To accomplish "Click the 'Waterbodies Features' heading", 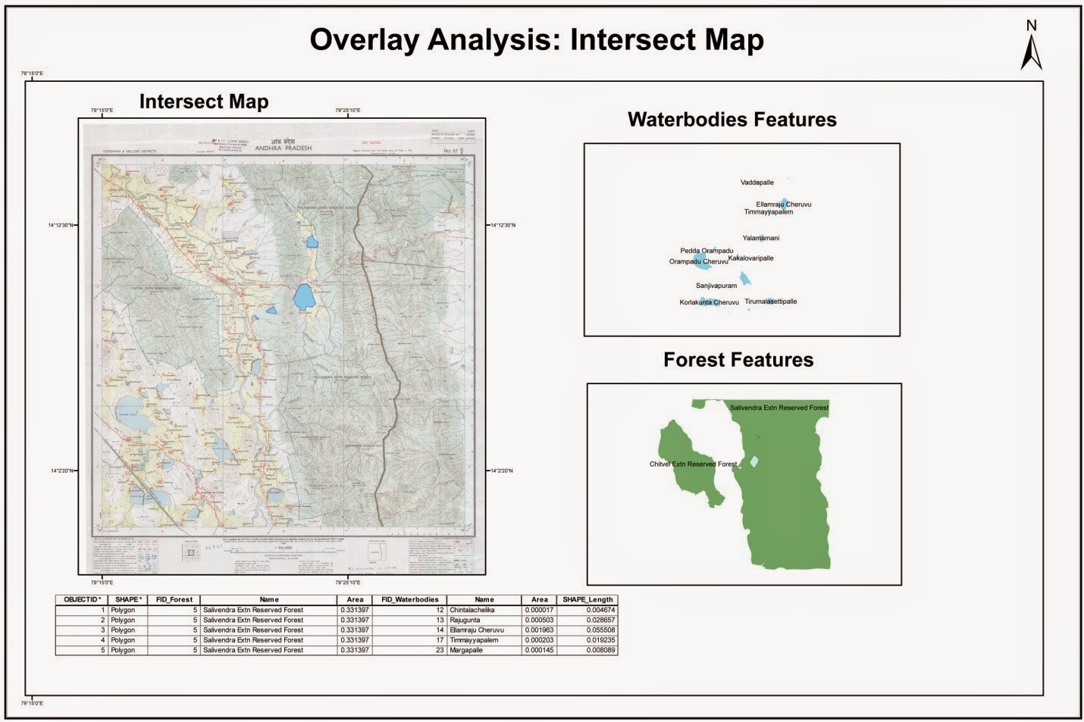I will click(732, 120).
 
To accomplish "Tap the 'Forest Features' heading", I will click(738, 360).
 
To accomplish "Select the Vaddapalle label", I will click(757, 183).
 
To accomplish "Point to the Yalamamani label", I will click(760, 238).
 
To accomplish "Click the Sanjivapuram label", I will click(716, 286).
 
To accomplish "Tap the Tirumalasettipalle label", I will click(770, 302).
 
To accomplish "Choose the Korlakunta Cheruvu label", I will click(709, 302).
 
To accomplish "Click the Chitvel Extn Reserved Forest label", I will click(693, 464).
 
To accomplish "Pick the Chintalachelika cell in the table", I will click(472, 610).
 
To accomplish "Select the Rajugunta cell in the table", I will click(465, 620).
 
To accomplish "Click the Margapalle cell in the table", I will click(466, 650).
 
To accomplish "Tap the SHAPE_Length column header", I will click(587, 599).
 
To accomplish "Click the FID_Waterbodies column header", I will click(409, 599).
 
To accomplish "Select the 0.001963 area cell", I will click(539, 630).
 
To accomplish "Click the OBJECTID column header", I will click(81, 599).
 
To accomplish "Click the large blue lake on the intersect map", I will click(303, 296).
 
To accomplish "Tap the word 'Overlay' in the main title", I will click(363, 40).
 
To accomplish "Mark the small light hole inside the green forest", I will click(753, 461).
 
